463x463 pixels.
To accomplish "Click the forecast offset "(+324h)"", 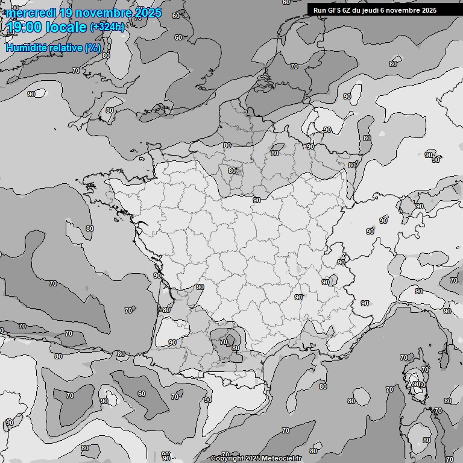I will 107,27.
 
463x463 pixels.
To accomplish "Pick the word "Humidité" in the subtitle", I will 25,48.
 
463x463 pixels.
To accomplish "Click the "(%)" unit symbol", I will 92,48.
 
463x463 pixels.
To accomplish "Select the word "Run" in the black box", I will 320,10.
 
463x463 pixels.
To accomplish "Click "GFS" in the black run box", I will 335,10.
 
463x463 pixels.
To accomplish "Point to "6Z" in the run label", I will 348,10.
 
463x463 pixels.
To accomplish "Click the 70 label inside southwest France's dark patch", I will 224,341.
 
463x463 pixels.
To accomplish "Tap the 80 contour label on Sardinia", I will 427,440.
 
